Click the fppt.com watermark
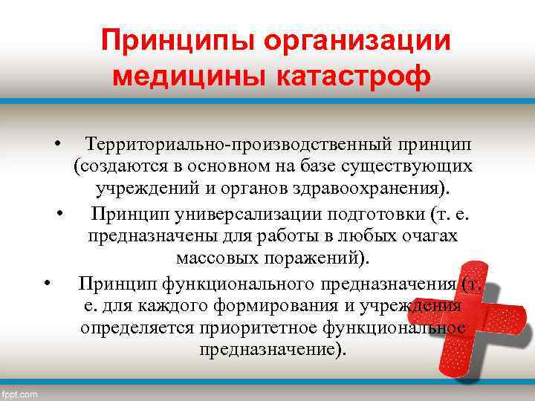20,394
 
